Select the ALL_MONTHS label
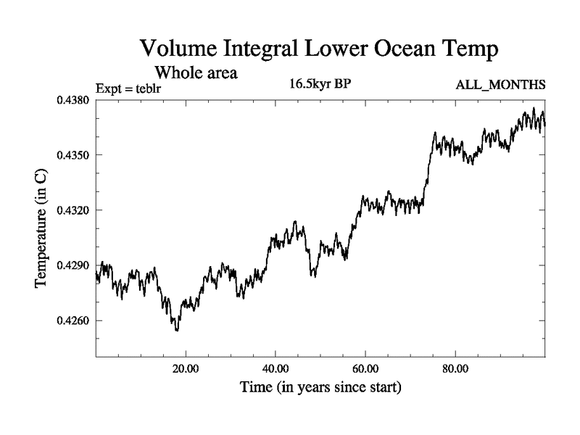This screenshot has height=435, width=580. (x=500, y=86)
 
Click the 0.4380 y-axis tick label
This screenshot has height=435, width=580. (x=72, y=100)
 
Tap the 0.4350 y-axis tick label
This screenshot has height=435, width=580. (x=72, y=155)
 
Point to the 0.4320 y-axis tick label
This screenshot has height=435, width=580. (x=72, y=210)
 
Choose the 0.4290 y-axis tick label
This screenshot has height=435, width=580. (x=72, y=265)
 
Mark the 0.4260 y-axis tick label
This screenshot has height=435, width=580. (x=72, y=320)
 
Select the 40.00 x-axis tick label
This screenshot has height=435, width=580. (x=275, y=368)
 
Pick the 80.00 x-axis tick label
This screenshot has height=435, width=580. (x=455, y=368)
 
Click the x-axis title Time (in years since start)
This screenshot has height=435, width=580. (x=320, y=388)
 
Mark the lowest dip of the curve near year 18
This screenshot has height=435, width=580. (x=176, y=330)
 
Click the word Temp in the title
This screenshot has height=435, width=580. (x=471, y=51)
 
